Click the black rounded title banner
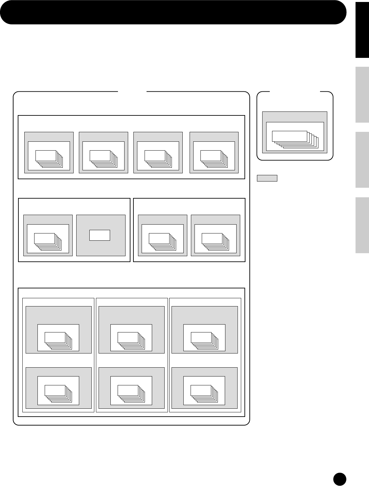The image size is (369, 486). pos(173,12)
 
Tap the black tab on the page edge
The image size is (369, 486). pos(362,30)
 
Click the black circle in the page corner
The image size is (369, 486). pos(339,479)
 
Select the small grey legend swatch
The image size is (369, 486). pos(267,178)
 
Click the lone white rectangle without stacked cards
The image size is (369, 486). pos(100,235)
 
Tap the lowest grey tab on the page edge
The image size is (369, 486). pos(362,225)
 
